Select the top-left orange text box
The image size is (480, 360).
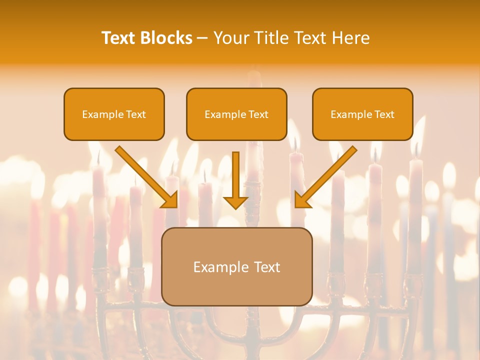pyautogui.click(x=114, y=114)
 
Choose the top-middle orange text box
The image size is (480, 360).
pyautogui.click(x=236, y=114)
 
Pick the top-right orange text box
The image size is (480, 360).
pyautogui.click(x=362, y=114)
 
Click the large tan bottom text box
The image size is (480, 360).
pyautogui.click(x=236, y=266)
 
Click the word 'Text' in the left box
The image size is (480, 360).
pyautogui.click(x=136, y=114)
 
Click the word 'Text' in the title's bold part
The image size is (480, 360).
pyautogui.click(x=118, y=38)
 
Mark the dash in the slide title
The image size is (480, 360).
pyautogui.click(x=203, y=38)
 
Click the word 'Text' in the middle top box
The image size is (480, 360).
pyautogui.click(x=258, y=114)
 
